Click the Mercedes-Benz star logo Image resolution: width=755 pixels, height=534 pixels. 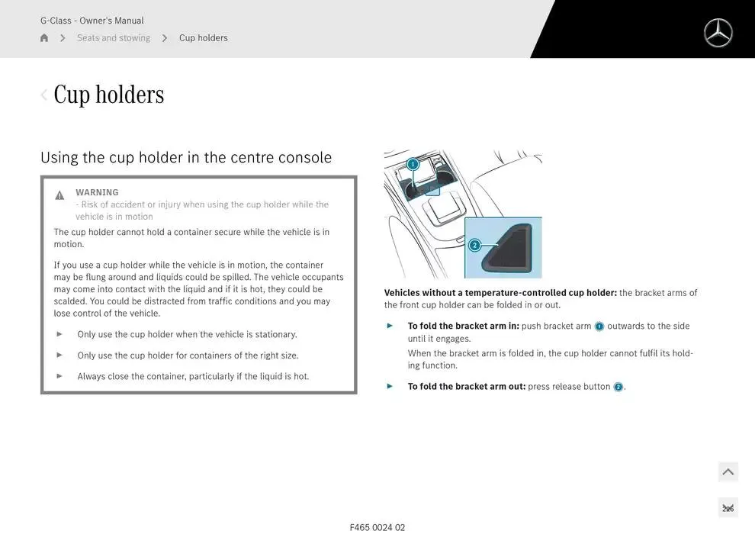click(718, 33)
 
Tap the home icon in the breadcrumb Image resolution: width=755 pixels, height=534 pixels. click(44, 37)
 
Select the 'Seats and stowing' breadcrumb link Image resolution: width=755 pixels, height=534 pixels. click(114, 37)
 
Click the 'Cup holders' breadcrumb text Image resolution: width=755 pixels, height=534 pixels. click(203, 37)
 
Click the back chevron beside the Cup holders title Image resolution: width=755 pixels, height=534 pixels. click(43, 95)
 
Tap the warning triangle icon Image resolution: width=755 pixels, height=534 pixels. click(59, 195)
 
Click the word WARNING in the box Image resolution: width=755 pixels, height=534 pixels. click(97, 192)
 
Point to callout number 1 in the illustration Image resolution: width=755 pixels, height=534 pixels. click(413, 164)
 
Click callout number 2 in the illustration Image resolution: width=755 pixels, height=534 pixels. click(475, 245)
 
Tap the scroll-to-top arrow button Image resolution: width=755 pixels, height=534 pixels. click(728, 472)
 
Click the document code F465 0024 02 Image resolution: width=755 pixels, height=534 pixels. click(377, 527)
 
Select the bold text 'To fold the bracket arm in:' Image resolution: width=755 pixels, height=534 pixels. click(463, 326)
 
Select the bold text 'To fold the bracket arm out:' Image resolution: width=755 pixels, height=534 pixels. click(467, 386)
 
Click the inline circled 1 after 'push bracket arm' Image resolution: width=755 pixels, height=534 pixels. click(599, 327)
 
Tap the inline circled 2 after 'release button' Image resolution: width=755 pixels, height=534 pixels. click(618, 387)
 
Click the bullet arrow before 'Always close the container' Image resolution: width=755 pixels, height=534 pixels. click(59, 376)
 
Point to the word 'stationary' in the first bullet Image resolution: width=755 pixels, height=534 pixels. click(275, 334)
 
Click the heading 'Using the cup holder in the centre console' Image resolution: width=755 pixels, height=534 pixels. click(186, 157)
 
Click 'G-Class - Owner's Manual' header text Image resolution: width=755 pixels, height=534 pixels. click(92, 21)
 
